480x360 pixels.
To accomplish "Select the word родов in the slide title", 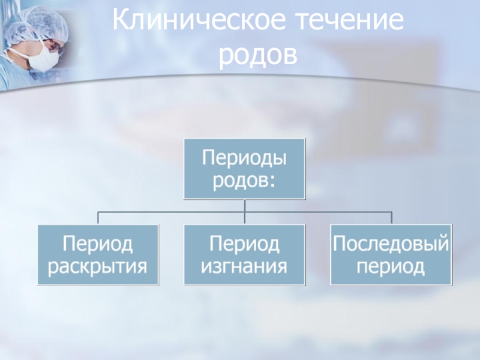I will (x=258, y=55).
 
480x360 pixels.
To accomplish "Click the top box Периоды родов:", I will (x=244, y=169).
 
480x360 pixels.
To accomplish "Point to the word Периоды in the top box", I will (x=244, y=158).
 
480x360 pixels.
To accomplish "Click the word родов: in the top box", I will (x=244, y=179).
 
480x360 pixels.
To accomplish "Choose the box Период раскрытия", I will (x=98, y=254).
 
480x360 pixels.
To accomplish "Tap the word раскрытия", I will (x=98, y=265).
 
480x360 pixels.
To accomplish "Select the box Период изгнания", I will (x=244, y=254).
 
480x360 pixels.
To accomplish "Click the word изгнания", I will (x=244, y=265).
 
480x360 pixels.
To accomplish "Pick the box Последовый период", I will (x=391, y=254).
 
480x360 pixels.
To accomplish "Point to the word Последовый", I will (x=391, y=244).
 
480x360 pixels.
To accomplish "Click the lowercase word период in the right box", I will (x=391, y=265).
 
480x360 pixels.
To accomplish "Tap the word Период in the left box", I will (x=98, y=244).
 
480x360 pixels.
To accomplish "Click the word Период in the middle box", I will (x=244, y=244).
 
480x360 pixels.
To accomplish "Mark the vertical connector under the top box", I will (x=244, y=205).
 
